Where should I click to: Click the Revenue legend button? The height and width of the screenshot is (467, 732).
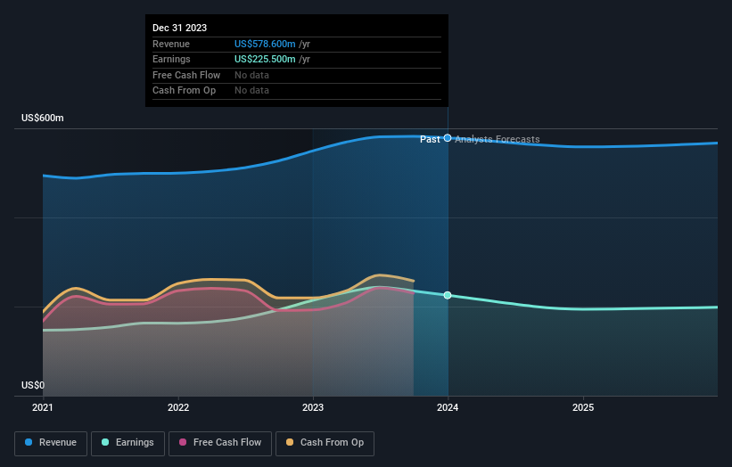(x=52, y=443)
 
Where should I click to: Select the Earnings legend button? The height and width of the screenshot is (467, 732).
(x=127, y=443)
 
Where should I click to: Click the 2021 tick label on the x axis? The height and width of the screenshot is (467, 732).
(x=43, y=407)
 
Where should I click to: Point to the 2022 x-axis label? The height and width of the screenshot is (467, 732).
(x=178, y=407)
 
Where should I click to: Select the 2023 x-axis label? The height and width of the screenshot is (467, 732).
(x=313, y=407)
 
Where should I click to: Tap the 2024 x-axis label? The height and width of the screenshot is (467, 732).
(x=448, y=407)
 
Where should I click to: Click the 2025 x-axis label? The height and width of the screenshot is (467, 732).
(x=583, y=407)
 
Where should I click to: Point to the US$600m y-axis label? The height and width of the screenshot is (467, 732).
(x=43, y=118)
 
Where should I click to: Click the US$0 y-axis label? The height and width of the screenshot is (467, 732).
(x=32, y=385)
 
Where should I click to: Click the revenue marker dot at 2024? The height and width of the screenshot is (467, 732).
(x=448, y=138)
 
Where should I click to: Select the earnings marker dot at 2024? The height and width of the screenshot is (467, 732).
(x=448, y=295)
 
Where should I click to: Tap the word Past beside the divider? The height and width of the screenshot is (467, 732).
(x=430, y=139)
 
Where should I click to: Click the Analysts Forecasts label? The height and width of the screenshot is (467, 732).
(x=497, y=139)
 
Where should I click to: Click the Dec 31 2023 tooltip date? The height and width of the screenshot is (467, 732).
(x=179, y=28)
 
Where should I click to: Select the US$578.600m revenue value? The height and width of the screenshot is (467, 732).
(x=265, y=44)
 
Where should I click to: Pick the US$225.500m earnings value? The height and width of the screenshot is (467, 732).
(x=265, y=59)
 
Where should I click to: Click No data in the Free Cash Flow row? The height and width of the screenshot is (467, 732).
(x=251, y=75)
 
